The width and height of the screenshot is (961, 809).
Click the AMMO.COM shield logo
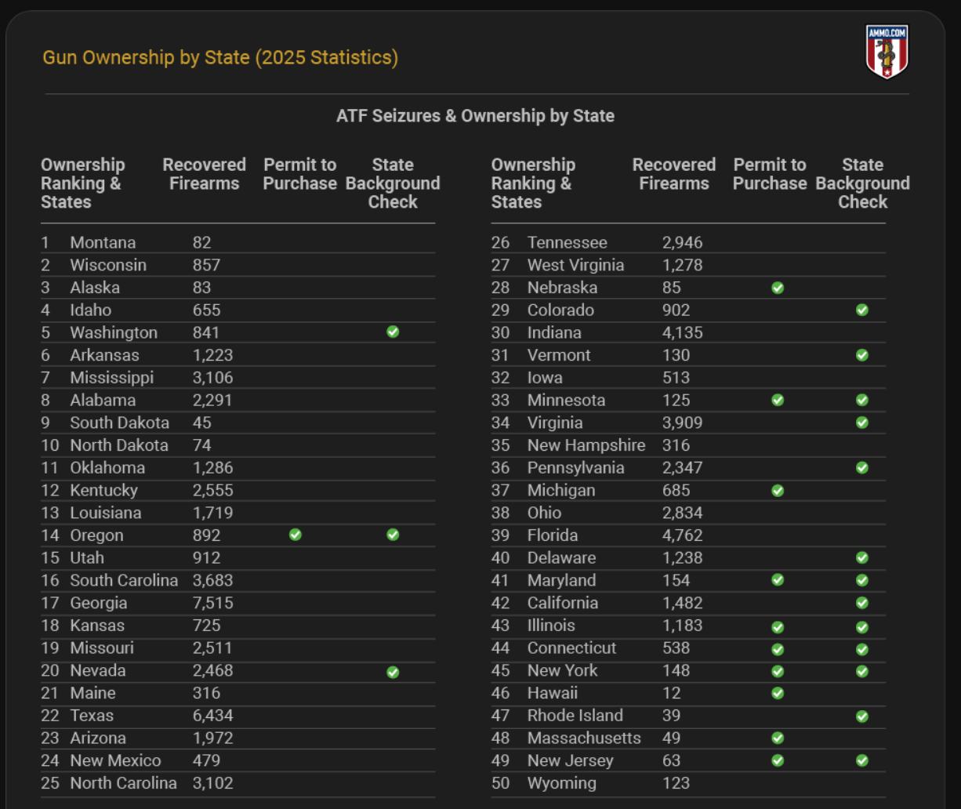tap(887, 51)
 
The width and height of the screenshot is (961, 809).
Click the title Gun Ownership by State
tap(220, 57)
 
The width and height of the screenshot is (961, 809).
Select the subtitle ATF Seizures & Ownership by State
tap(475, 116)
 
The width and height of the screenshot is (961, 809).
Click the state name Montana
tap(103, 243)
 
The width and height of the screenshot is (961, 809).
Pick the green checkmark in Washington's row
tap(393, 332)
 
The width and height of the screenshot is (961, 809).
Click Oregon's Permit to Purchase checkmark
tap(296, 535)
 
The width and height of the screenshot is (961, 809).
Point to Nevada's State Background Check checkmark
tap(393, 671)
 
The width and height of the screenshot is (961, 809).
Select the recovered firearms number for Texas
tap(212, 716)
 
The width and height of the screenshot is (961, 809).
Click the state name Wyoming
tap(561, 783)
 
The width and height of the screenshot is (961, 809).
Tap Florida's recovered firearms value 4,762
tap(682, 535)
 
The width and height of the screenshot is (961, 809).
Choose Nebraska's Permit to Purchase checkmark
tap(778, 288)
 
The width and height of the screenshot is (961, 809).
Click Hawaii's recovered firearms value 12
tap(671, 693)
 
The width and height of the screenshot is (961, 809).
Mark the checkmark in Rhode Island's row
tap(862, 716)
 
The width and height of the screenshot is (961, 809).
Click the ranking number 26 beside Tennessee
tap(500, 243)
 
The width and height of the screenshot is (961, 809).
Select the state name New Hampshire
tap(586, 445)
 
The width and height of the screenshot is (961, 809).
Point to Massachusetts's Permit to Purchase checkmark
tap(778, 738)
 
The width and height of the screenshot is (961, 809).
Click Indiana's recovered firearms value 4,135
tap(682, 332)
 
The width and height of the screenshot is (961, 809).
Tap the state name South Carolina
tap(124, 581)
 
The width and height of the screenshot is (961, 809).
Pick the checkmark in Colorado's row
tap(862, 310)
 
